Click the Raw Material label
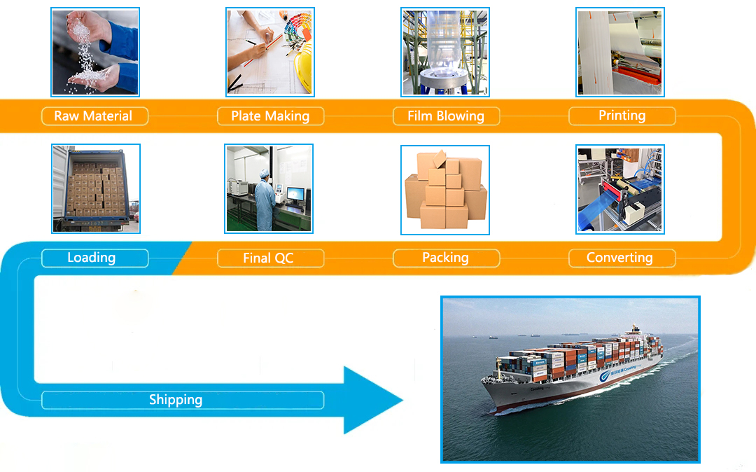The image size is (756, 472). click(x=93, y=116)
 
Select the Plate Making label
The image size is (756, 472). click(x=270, y=116)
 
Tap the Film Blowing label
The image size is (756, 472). click(x=446, y=116)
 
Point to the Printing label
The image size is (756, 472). click(x=622, y=116)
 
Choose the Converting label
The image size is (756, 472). click(x=619, y=258)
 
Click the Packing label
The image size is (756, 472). click(x=445, y=258)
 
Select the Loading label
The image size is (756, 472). click(x=91, y=258)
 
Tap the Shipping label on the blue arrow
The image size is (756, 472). click(x=176, y=400)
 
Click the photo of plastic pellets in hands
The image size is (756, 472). click(x=94, y=52)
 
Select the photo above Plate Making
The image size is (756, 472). click(x=269, y=52)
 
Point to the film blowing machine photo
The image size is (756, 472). click(x=444, y=52)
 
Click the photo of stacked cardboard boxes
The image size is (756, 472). click(x=444, y=190)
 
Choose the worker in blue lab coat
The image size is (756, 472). click(x=265, y=199)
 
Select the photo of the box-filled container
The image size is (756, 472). click(x=96, y=188)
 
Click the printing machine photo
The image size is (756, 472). click(x=619, y=52)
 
